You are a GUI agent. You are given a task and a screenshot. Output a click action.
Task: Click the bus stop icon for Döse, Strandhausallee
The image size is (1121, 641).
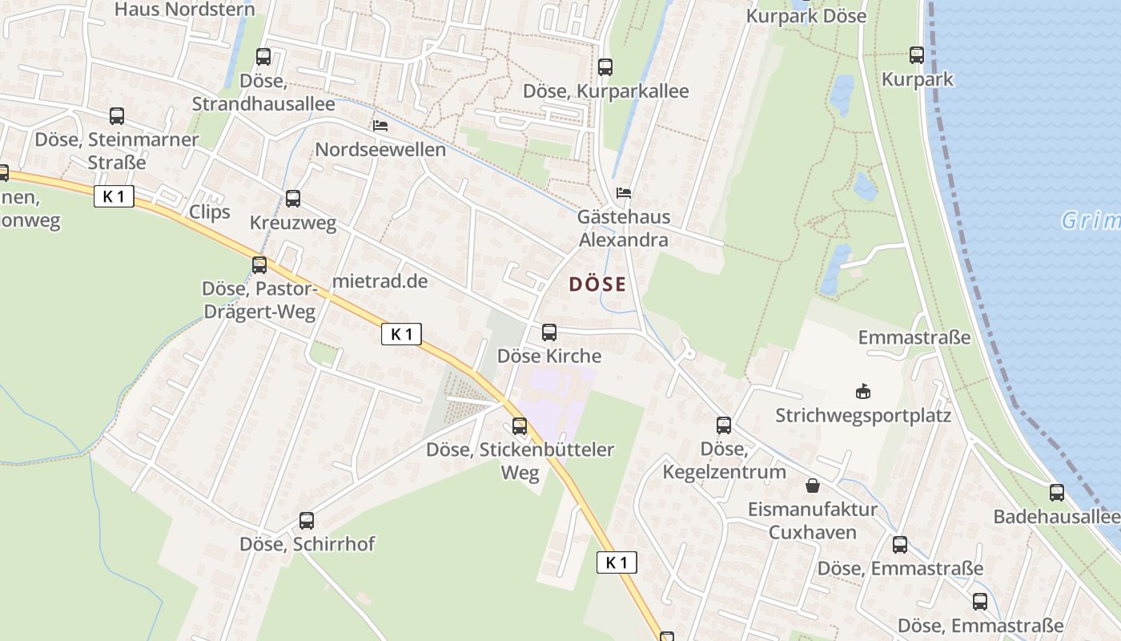(263, 57)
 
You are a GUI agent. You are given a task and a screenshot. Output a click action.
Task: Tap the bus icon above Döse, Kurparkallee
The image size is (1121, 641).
(605, 67)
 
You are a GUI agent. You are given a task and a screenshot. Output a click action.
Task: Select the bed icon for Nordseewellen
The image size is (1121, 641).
(380, 126)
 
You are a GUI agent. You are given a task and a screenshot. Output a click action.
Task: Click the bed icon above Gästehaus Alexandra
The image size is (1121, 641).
(624, 193)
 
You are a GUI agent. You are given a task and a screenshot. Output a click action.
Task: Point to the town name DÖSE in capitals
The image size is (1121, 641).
(597, 284)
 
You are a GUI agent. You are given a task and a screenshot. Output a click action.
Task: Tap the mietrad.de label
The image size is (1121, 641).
(380, 281)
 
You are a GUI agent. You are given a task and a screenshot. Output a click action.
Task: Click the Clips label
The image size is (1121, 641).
(210, 212)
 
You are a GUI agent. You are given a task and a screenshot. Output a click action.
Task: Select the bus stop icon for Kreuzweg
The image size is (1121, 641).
(293, 199)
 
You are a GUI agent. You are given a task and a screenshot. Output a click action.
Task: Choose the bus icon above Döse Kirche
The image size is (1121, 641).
(549, 333)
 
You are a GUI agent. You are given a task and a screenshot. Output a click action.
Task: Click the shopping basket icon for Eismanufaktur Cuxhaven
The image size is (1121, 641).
(813, 486)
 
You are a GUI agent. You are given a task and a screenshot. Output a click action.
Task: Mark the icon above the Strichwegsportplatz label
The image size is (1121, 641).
(863, 393)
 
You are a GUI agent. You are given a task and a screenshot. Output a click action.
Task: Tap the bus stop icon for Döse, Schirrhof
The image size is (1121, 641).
(307, 521)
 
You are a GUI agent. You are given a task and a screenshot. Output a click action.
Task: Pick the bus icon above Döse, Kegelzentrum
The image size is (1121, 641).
(724, 425)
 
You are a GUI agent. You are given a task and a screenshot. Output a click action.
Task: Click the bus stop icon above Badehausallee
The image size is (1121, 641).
(1057, 493)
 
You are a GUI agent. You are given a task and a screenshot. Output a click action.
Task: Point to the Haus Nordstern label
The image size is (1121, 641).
(185, 10)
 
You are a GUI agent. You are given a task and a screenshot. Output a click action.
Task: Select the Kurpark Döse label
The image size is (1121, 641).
(806, 16)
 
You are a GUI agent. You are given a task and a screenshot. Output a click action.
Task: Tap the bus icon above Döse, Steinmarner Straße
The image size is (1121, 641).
(117, 116)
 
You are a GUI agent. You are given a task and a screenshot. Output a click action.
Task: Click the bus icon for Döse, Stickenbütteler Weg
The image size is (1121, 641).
(520, 426)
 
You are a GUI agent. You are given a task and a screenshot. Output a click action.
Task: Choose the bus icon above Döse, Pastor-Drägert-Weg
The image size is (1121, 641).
(259, 265)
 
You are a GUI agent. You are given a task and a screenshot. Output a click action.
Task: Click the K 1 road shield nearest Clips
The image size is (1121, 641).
(114, 196)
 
